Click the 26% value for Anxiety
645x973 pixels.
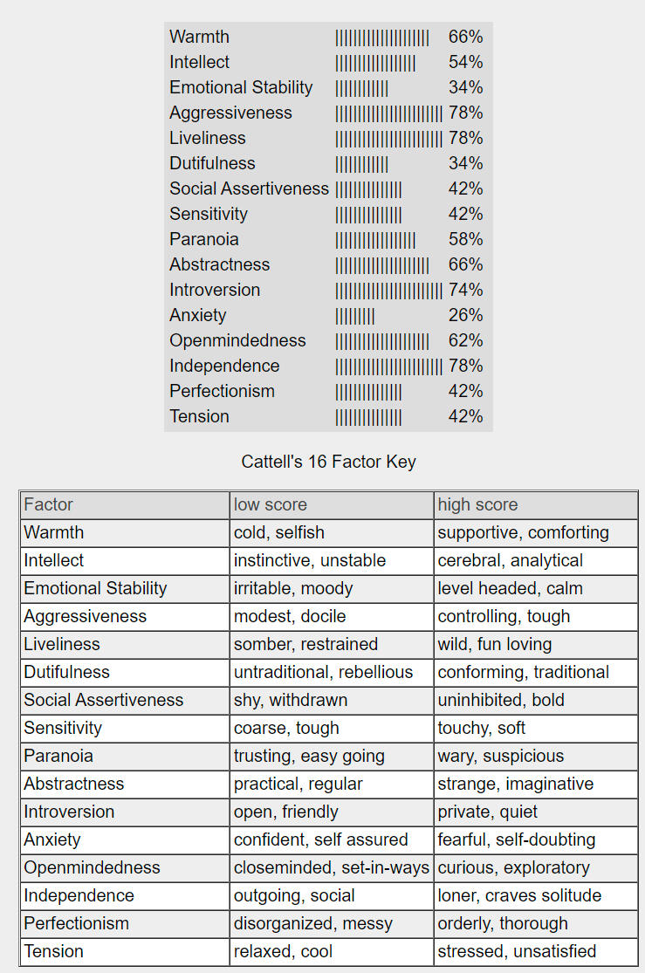[x=465, y=315]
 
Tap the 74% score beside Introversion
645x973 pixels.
[x=465, y=290]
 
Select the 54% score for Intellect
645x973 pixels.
[x=465, y=62]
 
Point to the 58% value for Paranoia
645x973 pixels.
[x=465, y=239]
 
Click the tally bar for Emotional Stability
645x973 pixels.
[x=361, y=87]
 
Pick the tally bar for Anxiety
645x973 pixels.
[x=355, y=315]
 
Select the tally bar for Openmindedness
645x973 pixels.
[x=381, y=340]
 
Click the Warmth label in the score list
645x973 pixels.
[x=199, y=37]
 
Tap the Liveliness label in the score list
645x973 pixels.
[x=208, y=138]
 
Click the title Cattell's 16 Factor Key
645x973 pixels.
[x=328, y=461]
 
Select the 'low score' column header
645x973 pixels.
[x=271, y=504]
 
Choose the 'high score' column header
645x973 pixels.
[x=477, y=504]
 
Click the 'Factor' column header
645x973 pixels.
[x=49, y=504]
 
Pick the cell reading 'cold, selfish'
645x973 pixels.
[x=278, y=532]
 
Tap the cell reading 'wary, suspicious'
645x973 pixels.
[x=501, y=756]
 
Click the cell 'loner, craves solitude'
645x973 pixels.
[x=519, y=895]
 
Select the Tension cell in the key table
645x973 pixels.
[x=53, y=951]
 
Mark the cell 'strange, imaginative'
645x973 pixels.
[x=515, y=784]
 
